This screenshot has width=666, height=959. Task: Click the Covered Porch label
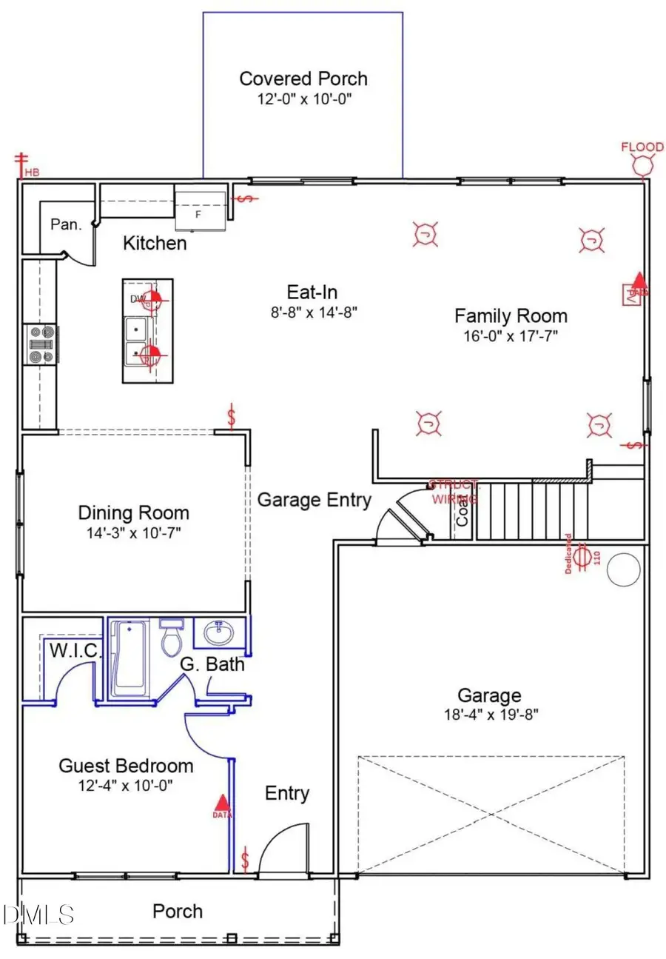(303, 78)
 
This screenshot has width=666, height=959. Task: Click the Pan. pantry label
(66, 224)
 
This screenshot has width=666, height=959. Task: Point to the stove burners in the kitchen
(41, 345)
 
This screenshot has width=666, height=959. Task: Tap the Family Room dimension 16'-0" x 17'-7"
(511, 335)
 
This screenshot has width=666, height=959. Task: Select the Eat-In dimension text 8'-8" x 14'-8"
(313, 312)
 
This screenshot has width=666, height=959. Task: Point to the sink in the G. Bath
(219, 634)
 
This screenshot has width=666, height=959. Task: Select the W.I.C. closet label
(75, 651)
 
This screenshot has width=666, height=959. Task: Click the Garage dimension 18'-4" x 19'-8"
(488, 715)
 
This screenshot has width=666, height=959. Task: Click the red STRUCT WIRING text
(454, 492)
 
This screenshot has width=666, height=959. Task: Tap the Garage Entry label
(314, 500)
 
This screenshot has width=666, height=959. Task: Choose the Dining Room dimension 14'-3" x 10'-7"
(133, 532)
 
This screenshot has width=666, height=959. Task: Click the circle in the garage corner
(623, 569)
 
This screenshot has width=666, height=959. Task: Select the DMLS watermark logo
(38, 914)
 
